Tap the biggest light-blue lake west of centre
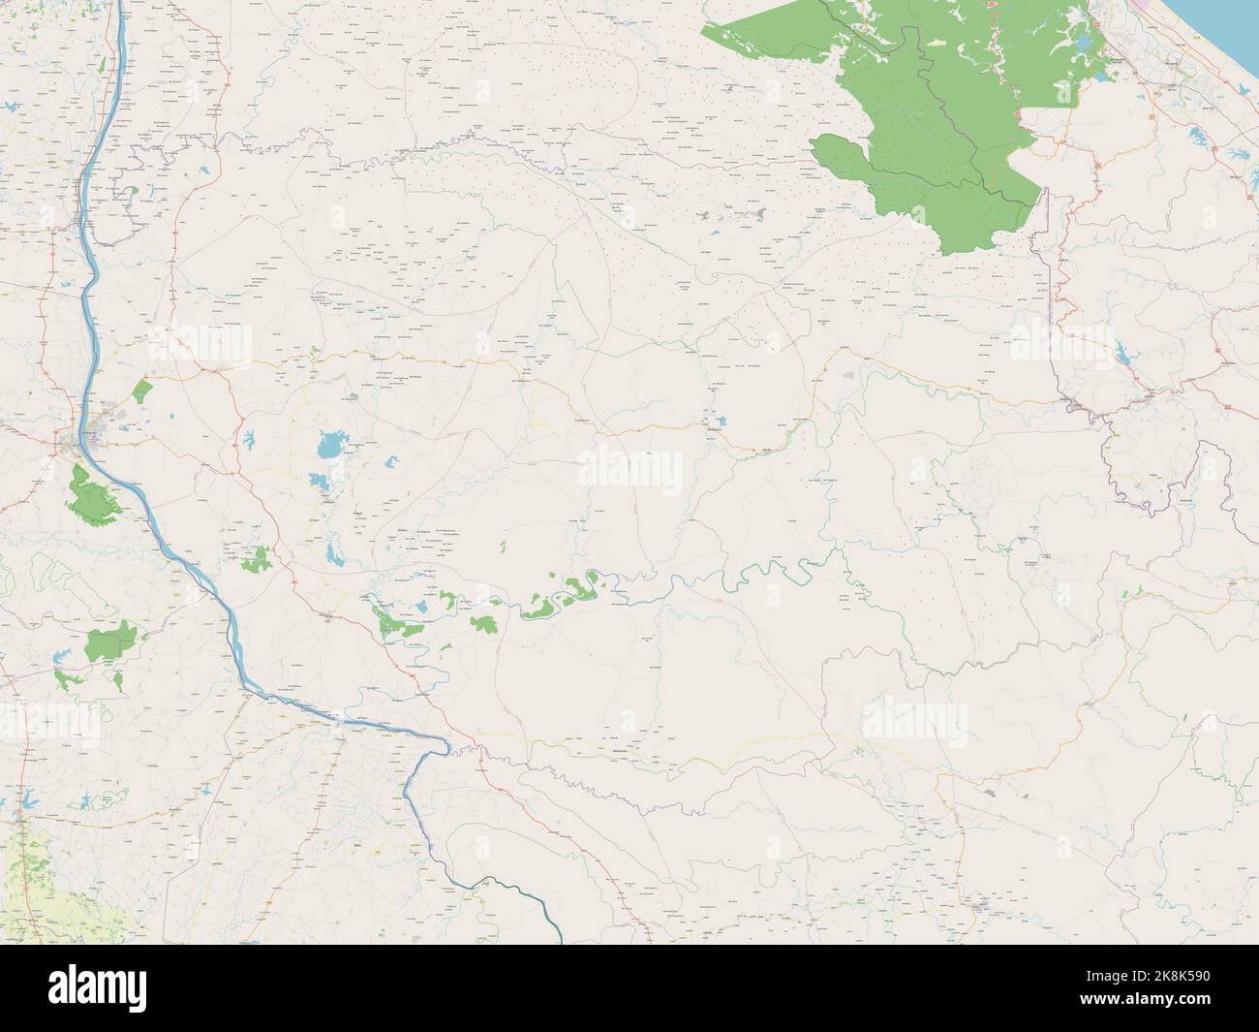(x=328, y=447)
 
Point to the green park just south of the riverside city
(x=93, y=491)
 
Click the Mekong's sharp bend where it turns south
(x=445, y=744)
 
